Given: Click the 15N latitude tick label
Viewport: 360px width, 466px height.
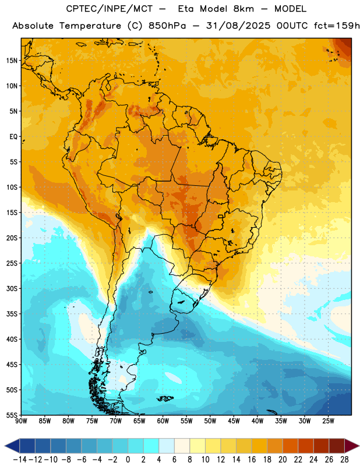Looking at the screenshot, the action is (12, 61).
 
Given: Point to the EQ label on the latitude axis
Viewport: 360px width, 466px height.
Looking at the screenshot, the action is (13, 137).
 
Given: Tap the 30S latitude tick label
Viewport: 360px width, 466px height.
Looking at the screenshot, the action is (12, 288).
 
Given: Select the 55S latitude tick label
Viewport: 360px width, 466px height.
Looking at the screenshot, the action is (12, 415).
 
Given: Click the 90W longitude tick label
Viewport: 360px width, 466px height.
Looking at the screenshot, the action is (21, 421).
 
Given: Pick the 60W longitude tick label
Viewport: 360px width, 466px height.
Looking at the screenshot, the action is (163, 421).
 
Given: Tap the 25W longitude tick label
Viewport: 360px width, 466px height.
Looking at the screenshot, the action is (328, 421).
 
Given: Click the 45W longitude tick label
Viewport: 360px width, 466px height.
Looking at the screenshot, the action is (234, 421).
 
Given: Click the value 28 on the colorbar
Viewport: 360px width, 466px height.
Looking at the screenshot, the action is (344, 460).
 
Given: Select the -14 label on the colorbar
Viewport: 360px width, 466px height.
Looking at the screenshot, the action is (20, 460).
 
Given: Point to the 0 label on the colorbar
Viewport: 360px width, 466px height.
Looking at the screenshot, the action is (128, 460).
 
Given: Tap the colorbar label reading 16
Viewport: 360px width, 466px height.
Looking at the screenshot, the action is (252, 460).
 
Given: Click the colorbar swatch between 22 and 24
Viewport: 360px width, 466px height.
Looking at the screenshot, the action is (306, 446).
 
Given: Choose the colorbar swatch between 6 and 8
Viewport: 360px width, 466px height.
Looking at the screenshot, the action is (182, 446).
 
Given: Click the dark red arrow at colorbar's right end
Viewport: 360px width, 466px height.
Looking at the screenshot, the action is (352, 446).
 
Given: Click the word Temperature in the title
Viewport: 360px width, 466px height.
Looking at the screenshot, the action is (90, 26).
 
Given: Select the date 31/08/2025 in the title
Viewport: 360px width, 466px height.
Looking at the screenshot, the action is (238, 26).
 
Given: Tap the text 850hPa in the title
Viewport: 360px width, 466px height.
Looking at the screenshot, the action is (167, 26).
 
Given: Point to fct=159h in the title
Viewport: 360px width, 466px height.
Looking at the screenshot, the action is (337, 26).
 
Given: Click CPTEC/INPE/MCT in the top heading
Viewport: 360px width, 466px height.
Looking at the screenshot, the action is (110, 9).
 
